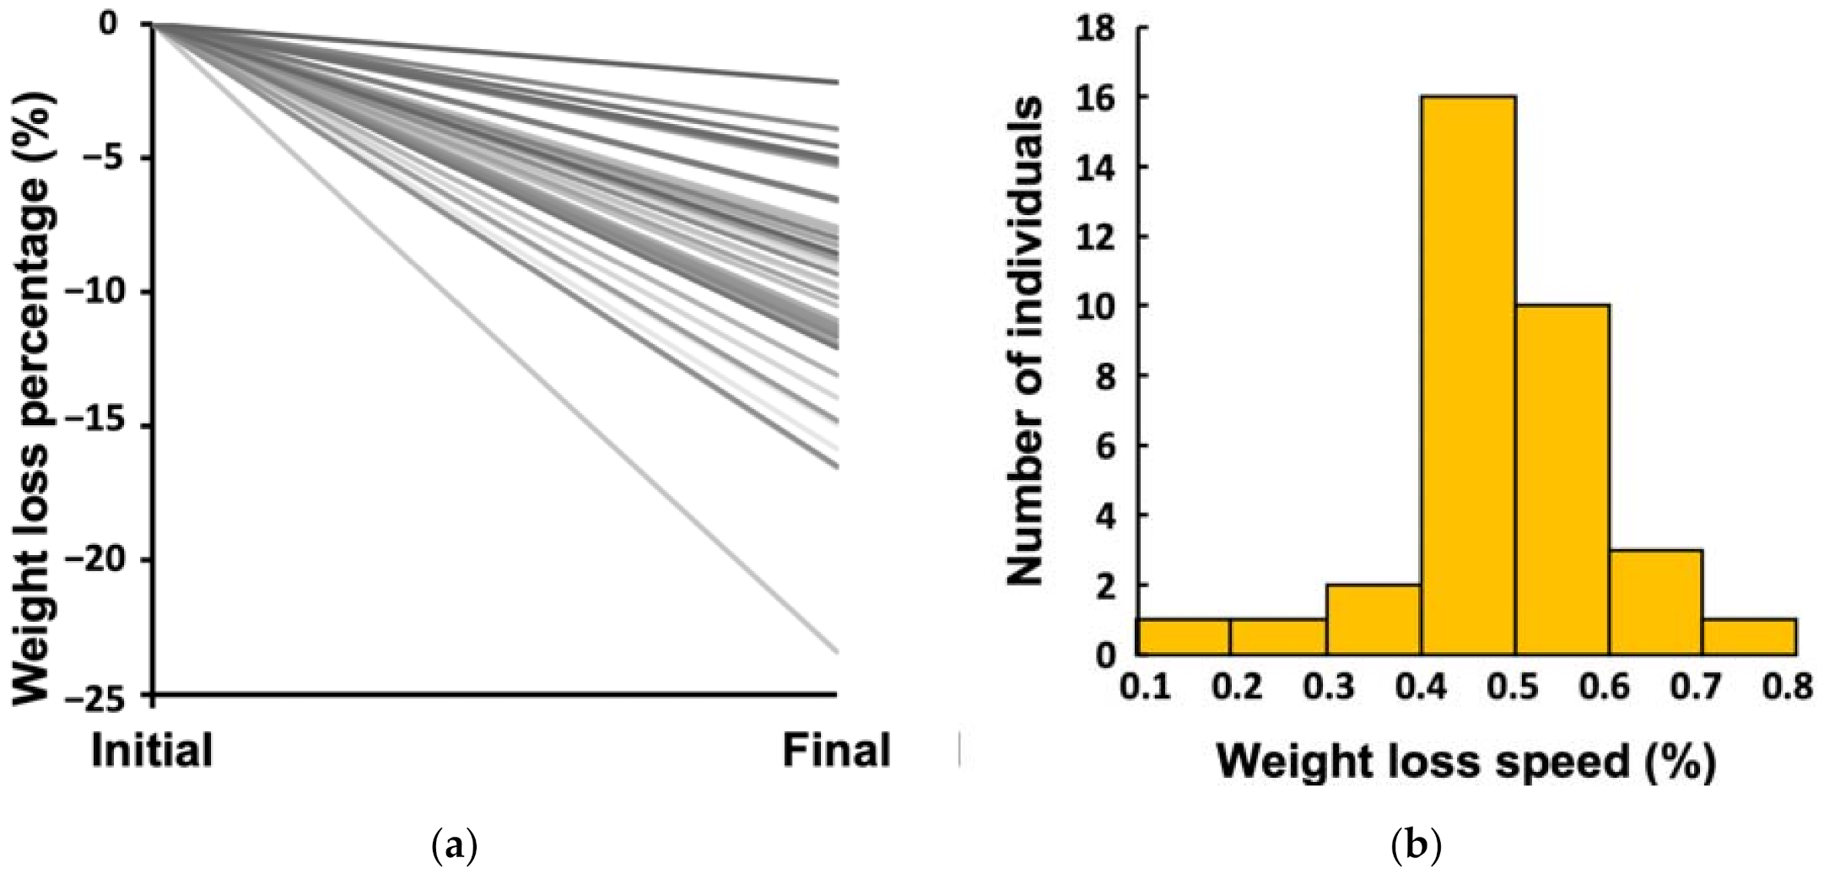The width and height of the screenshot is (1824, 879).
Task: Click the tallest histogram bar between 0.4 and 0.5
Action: click(x=1468, y=375)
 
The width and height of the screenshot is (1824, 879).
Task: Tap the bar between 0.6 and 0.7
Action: click(x=1655, y=602)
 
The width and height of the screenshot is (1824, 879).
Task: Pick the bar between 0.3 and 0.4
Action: click(x=1373, y=619)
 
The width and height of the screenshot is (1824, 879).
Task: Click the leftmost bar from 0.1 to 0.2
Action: click(x=1184, y=637)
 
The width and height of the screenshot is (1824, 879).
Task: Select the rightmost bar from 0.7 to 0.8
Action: click(x=1749, y=637)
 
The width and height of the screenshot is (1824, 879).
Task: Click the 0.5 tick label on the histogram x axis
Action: click(x=1514, y=687)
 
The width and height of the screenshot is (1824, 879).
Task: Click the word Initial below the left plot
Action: click(x=152, y=750)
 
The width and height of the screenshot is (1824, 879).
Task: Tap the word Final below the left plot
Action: click(x=835, y=750)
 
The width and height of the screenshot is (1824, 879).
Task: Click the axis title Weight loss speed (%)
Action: click(x=1465, y=761)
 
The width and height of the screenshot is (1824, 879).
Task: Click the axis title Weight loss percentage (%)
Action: click(x=32, y=396)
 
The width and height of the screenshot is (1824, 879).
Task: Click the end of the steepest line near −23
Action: click(x=836, y=651)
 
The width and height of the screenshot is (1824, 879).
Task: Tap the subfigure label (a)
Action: click(x=454, y=845)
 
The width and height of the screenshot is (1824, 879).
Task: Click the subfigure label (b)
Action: click(x=1416, y=845)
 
